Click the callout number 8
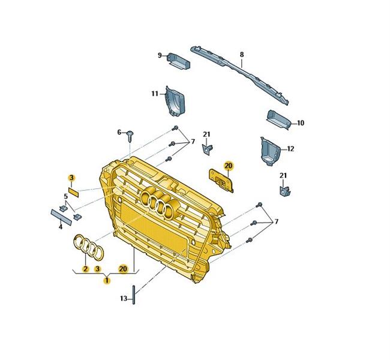242,55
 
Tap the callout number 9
160,55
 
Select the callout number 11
155,94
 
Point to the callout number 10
301,123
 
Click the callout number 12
290,149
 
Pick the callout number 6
119,132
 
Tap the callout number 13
124,298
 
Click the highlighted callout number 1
107,281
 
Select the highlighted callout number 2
86,269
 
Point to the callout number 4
61,227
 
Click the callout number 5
65,196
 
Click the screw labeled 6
130,136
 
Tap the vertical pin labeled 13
134,295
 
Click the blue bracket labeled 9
179,61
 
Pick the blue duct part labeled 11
175,101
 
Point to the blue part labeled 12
270,151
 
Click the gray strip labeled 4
61,217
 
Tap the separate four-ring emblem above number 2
89,247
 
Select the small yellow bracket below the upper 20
221,181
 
